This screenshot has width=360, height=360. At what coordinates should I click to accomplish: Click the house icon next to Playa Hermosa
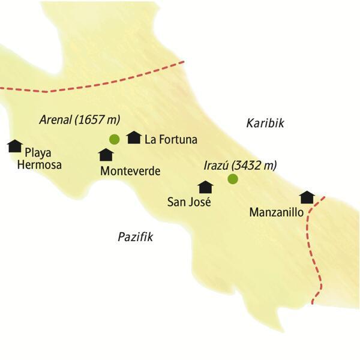(14, 146)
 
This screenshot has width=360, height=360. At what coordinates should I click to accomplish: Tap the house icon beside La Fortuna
(134, 138)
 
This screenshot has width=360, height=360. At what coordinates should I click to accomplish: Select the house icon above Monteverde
(106, 155)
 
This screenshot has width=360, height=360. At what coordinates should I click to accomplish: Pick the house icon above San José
(206, 187)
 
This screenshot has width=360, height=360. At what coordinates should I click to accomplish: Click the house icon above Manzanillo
(307, 197)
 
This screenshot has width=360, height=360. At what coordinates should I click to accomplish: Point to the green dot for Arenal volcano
(114, 140)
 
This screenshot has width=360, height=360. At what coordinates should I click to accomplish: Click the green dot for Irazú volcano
(233, 179)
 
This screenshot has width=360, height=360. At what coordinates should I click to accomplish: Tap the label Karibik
(265, 123)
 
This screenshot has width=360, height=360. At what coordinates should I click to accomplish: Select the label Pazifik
(136, 237)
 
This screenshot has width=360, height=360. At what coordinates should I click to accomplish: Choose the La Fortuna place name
(171, 140)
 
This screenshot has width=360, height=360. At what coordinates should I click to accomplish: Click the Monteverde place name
(131, 171)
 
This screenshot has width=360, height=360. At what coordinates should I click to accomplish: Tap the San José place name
(189, 202)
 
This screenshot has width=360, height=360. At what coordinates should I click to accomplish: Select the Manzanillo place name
(275, 212)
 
